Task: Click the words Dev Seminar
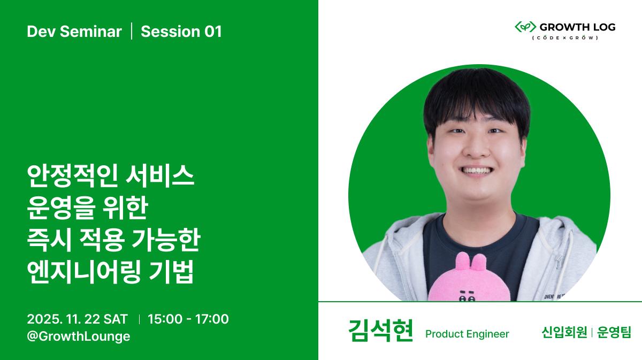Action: pyautogui.click(x=74, y=32)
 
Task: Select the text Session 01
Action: pyautogui.click(x=181, y=32)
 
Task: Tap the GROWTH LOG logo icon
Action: pyautogui.click(x=525, y=27)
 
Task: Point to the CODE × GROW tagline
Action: pyautogui.click(x=564, y=38)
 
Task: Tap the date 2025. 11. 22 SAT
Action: pyautogui.click(x=78, y=319)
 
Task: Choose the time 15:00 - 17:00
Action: pyautogui.click(x=188, y=319)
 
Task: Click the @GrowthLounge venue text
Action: pyautogui.click(x=79, y=336)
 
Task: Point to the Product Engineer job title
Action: pyautogui.click(x=467, y=334)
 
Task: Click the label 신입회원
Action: pyautogui.click(x=564, y=333)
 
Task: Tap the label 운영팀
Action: pyautogui.click(x=614, y=333)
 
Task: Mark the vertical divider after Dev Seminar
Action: pyautogui.click(x=132, y=32)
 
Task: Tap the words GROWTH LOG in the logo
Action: pyautogui.click(x=577, y=27)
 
